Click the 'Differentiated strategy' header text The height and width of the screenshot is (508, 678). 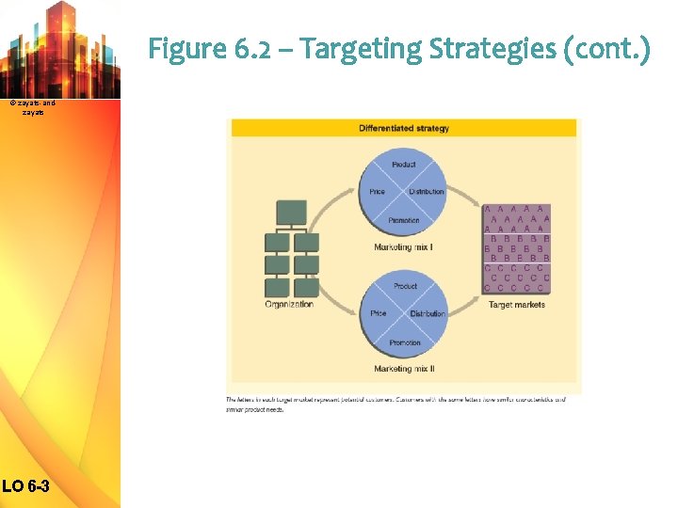(x=403, y=128)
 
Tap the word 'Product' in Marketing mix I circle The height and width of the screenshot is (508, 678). (x=403, y=165)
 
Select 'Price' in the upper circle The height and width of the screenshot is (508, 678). (x=377, y=192)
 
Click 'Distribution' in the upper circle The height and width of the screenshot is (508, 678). (x=427, y=192)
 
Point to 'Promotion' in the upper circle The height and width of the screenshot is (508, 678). (x=403, y=220)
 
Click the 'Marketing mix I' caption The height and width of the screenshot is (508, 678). (x=403, y=247)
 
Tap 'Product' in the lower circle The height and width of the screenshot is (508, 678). (x=405, y=286)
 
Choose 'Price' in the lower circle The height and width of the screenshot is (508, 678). (x=379, y=313)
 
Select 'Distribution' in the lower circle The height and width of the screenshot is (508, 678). (x=428, y=313)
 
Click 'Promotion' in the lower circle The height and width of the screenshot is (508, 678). (x=405, y=342)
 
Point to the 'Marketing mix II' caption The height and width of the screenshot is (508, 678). (x=404, y=369)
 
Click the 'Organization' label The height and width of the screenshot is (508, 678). (x=289, y=305)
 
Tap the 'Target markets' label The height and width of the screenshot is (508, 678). (x=516, y=305)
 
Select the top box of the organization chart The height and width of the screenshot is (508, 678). (x=292, y=213)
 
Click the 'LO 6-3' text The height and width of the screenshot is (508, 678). (x=29, y=486)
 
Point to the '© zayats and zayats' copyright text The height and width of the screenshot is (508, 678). (x=33, y=106)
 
